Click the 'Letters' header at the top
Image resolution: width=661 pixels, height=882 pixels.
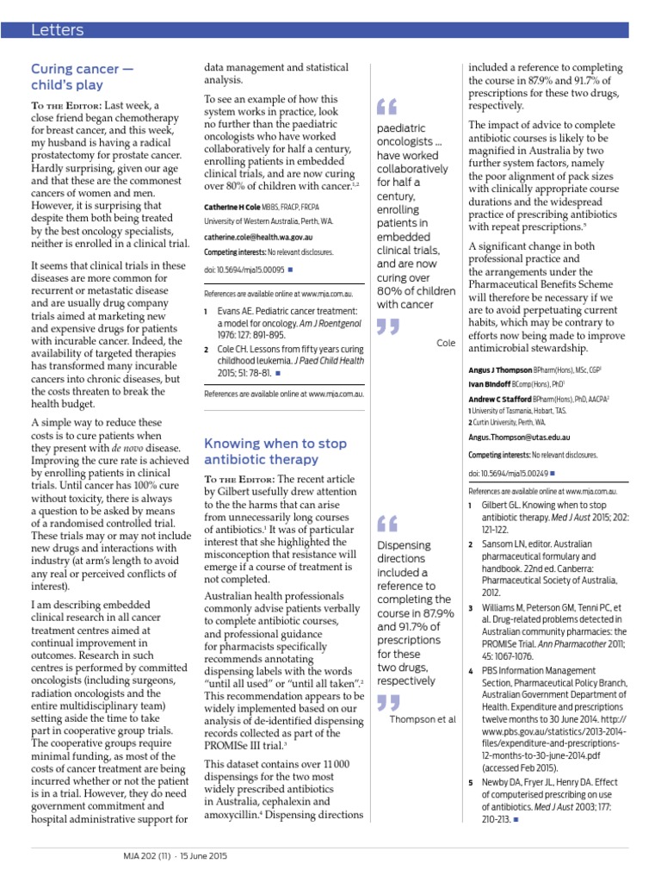point(58,31)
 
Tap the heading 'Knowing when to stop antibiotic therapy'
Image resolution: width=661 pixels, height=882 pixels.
point(275,451)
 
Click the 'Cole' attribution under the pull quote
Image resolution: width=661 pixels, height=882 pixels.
point(446,343)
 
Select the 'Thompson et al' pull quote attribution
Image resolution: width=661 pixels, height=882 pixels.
point(422,719)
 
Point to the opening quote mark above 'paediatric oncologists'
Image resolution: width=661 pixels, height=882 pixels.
point(387,107)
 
